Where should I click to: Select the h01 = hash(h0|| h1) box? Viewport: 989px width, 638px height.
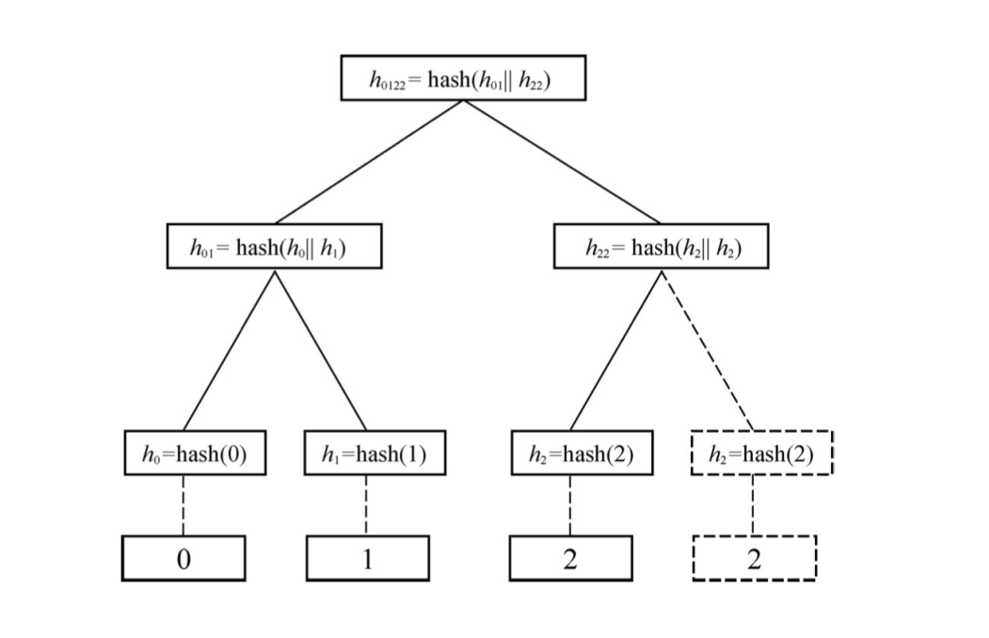coord(274,247)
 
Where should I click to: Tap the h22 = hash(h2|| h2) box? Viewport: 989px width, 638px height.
coord(661,247)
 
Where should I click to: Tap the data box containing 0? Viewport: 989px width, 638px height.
coord(183,558)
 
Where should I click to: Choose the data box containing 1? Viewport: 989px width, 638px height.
coord(367,558)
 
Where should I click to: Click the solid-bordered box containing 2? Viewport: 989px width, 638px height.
coord(569,558)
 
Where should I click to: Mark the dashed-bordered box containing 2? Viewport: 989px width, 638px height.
coord(754,558)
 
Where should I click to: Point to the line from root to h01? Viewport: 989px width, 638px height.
coord(368,162)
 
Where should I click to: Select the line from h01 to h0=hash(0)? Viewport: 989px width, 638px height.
coord(229,349)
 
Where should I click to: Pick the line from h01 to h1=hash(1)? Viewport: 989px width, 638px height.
coord(320,349)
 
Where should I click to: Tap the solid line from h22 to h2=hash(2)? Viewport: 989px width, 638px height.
coord(615,349)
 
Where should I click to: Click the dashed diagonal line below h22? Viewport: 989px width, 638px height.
coord(708,349)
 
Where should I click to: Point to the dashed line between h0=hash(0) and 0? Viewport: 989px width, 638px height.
coord(183,505)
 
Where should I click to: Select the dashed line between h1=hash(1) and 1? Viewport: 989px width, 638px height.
coord(367,505)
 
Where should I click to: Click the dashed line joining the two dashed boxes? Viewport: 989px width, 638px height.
coord(754,505)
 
